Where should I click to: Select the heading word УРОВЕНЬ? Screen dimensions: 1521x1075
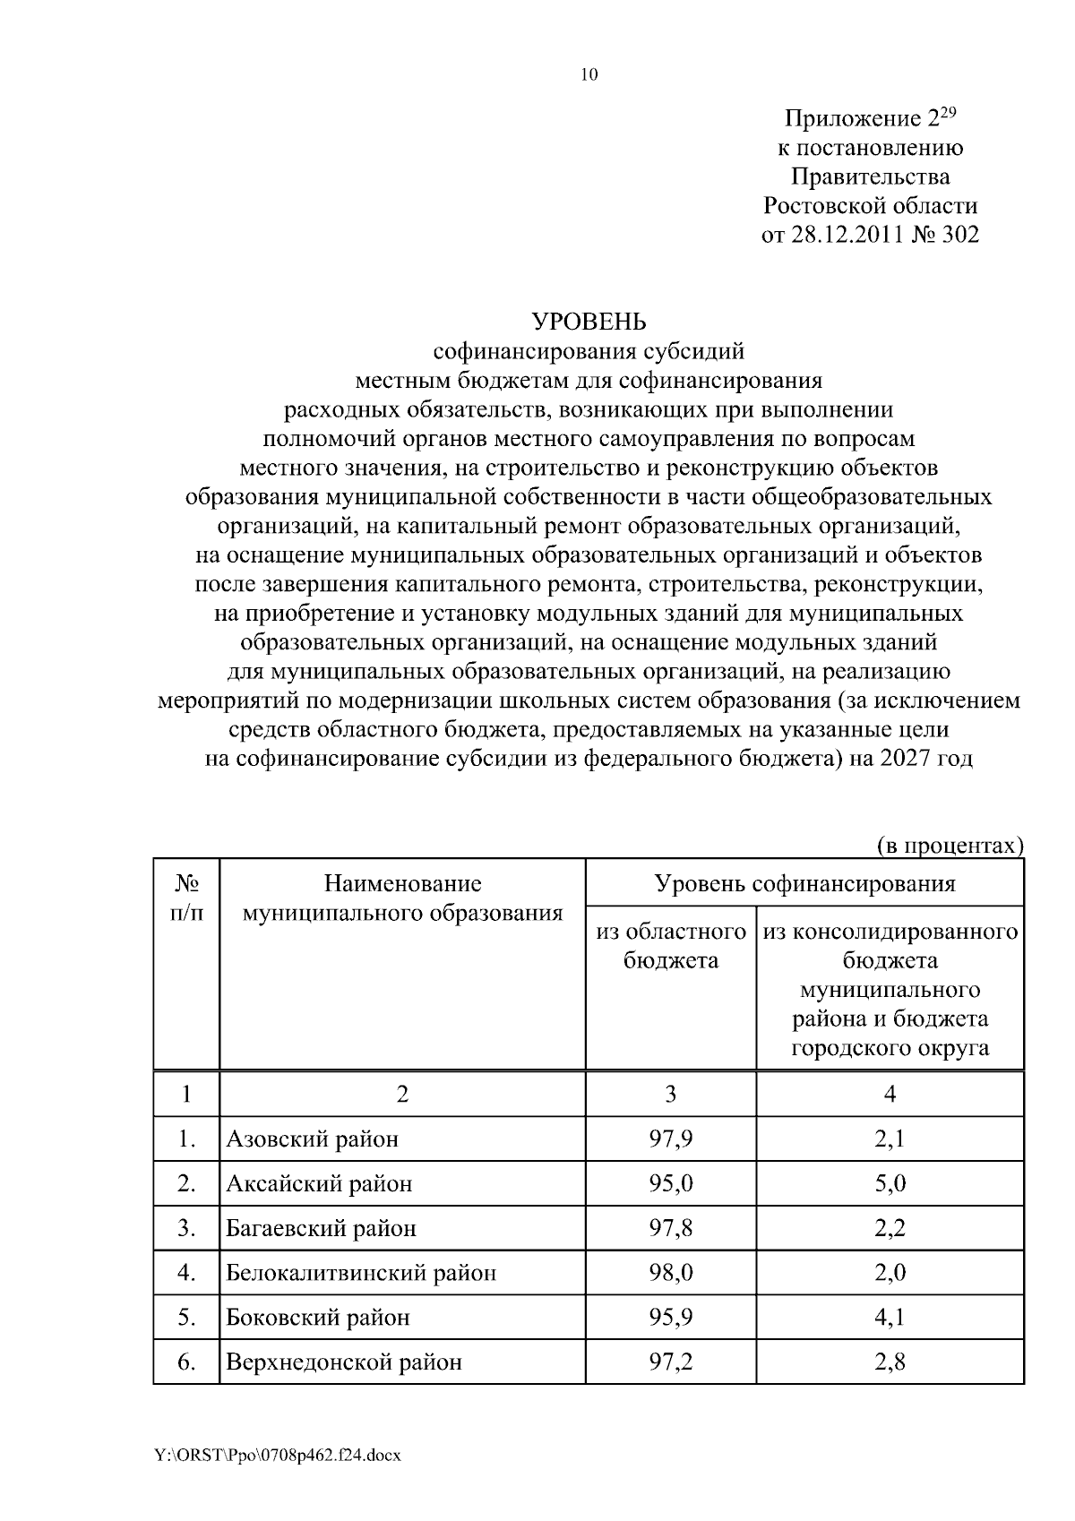tap(589, 321)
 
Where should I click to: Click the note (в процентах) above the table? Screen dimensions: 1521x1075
tap(949, 845)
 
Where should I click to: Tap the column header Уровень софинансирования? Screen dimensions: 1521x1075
tap(804, 884)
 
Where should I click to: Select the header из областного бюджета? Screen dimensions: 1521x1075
tap(671, 946)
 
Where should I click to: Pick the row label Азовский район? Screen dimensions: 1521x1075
tap(313, 1139)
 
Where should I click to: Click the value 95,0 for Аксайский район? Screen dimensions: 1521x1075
tap(671, 1184)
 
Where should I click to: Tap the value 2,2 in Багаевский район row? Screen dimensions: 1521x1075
tap(890, 1228)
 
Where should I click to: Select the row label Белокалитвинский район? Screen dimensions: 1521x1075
tap(361, 1273)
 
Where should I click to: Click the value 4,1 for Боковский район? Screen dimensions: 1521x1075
tap(890, 1318)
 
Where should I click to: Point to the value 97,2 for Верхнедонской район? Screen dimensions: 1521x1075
tap(671, 1362)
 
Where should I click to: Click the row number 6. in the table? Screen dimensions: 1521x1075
tap(186, 1362)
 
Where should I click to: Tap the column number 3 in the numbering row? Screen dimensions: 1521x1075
tap(671, 1094)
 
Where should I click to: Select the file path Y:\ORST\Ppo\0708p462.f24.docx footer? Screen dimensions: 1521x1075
tap(277, 1456)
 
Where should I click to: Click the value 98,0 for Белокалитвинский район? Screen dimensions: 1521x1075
tap(671, 1273)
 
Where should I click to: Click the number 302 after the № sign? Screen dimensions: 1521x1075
tap(959, 235)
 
